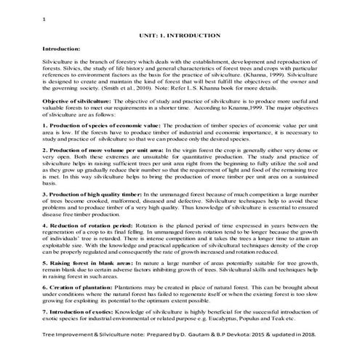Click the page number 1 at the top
pyautogui.click(x=45, y=20)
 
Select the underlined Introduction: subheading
pyautogui.click(x=65, y=49)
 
